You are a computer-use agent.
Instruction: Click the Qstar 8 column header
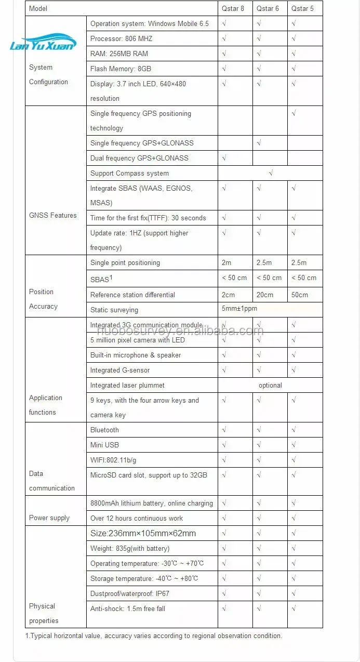click(233, 8)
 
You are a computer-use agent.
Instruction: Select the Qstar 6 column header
click(268, 8)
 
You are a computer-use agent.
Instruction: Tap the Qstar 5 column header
click(302, 8)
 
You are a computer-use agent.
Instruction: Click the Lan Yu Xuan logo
click(43, 44)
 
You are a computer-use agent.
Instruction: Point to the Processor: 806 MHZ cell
click(121, 38)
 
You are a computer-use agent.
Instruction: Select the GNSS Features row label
click(52, 215)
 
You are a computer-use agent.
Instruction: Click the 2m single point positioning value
click(226, 262)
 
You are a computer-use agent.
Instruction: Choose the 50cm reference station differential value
click(299, 295)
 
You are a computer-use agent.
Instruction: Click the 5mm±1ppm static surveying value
click(239, 309)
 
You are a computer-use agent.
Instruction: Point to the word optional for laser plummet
click(270, 385)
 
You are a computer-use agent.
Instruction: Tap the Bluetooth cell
click(104, 430)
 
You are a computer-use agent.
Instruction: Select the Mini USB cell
click(104, 445)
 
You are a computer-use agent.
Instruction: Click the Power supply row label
click(49, 518)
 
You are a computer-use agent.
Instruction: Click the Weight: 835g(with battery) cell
click(129, 548)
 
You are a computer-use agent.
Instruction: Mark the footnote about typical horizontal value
click(154, 635)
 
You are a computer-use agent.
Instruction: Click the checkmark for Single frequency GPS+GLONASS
click(259, 143)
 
